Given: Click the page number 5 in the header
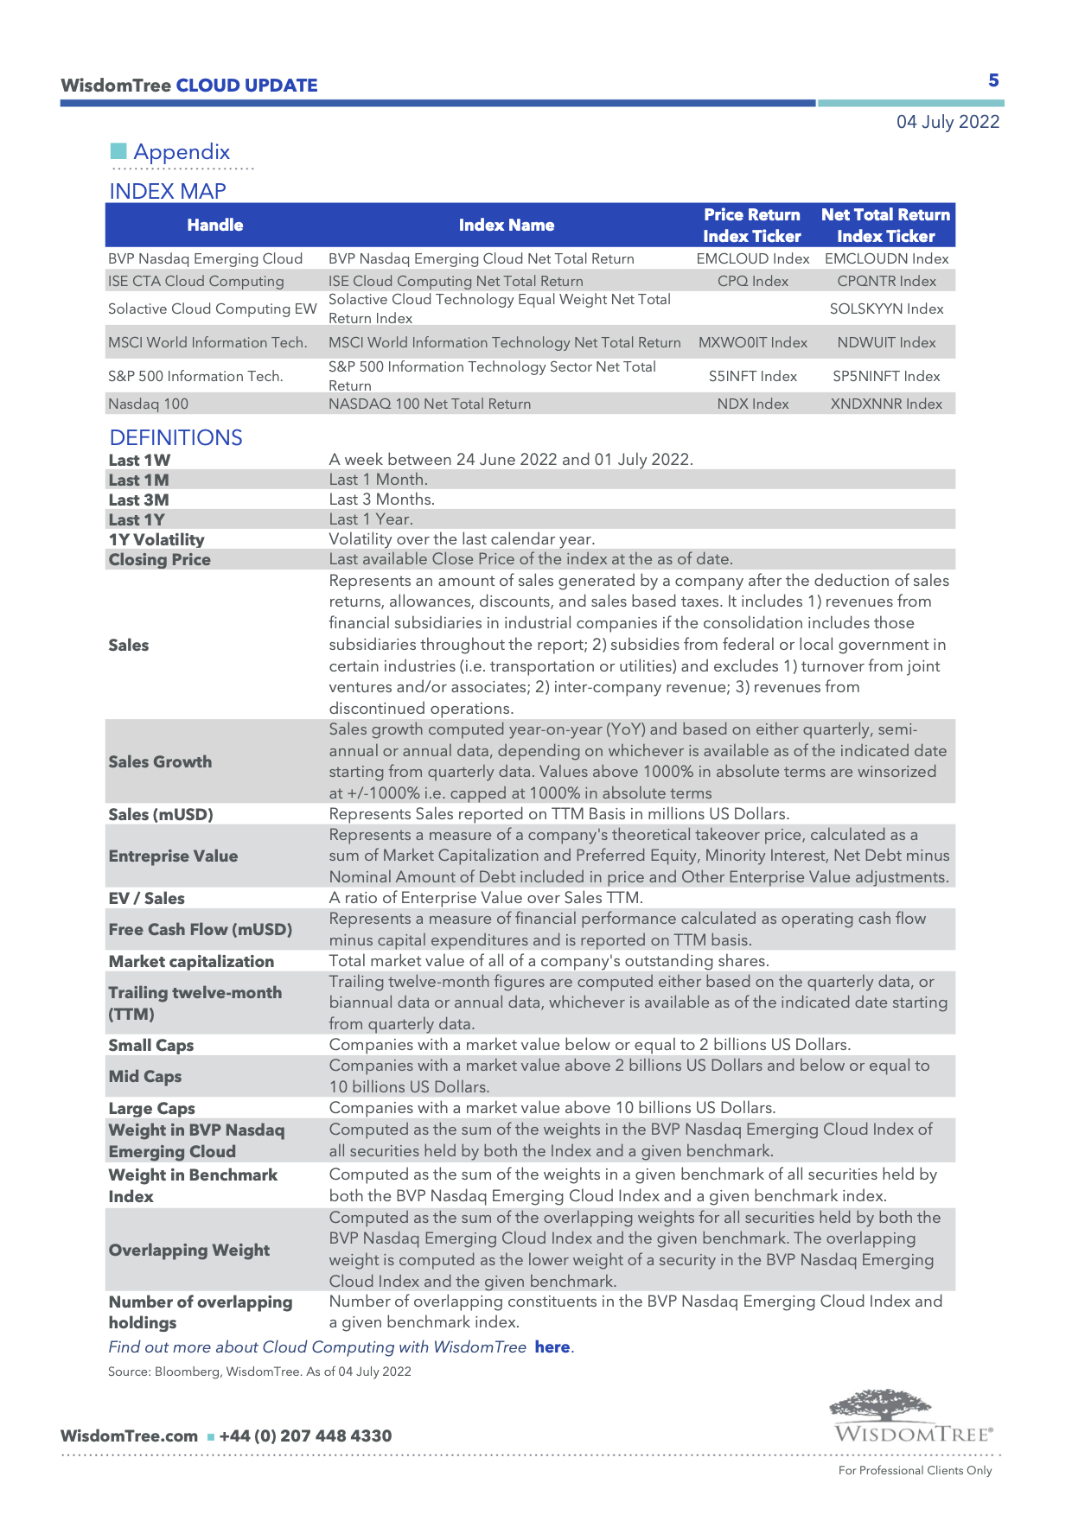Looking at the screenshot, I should pyautogui.click(x=993, y=80).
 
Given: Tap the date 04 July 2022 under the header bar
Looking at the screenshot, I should pyautogui.click(x=948, y=122).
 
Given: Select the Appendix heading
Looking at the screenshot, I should pyautogui.click(x=182, y=152).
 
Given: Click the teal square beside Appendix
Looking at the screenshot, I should pyautogui.click(x=118, y=151).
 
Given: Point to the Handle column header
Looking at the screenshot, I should pyautogui.click(x=215, y=225).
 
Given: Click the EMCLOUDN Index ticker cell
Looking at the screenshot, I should pyautogui.click(x=886, y=258).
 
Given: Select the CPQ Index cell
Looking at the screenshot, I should pyautogui.click(x=752, y=281).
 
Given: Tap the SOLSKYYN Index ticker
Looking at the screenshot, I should pyautogui.click(x=886, y=309).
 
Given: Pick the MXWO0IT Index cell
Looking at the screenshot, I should pyautogui.click(x=752, y=342).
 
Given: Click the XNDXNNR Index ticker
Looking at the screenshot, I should pyautogui.click(x=886, y=404).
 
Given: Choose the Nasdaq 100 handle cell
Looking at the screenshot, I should pyautogui.click(x=148, y=404).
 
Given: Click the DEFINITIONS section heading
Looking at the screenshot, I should pyautogui.click(x=175, y=437).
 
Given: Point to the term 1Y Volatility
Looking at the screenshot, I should pyautogui.click(x=156, y=539).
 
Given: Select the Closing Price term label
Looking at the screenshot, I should pyautogui.click(x=159, y=559).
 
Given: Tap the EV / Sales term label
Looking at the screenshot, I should pyautogui.click(x=146, y=898).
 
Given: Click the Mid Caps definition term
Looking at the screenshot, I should pyautogui.click(x=144, y=1076).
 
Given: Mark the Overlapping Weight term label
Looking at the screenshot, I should pyautogui.click(x=188, y=1250).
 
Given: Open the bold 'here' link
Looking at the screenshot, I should pyautogui.click(x=552, y=1346).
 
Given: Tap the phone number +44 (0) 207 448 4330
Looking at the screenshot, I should pyautogui.click(x=305, y=1435).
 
